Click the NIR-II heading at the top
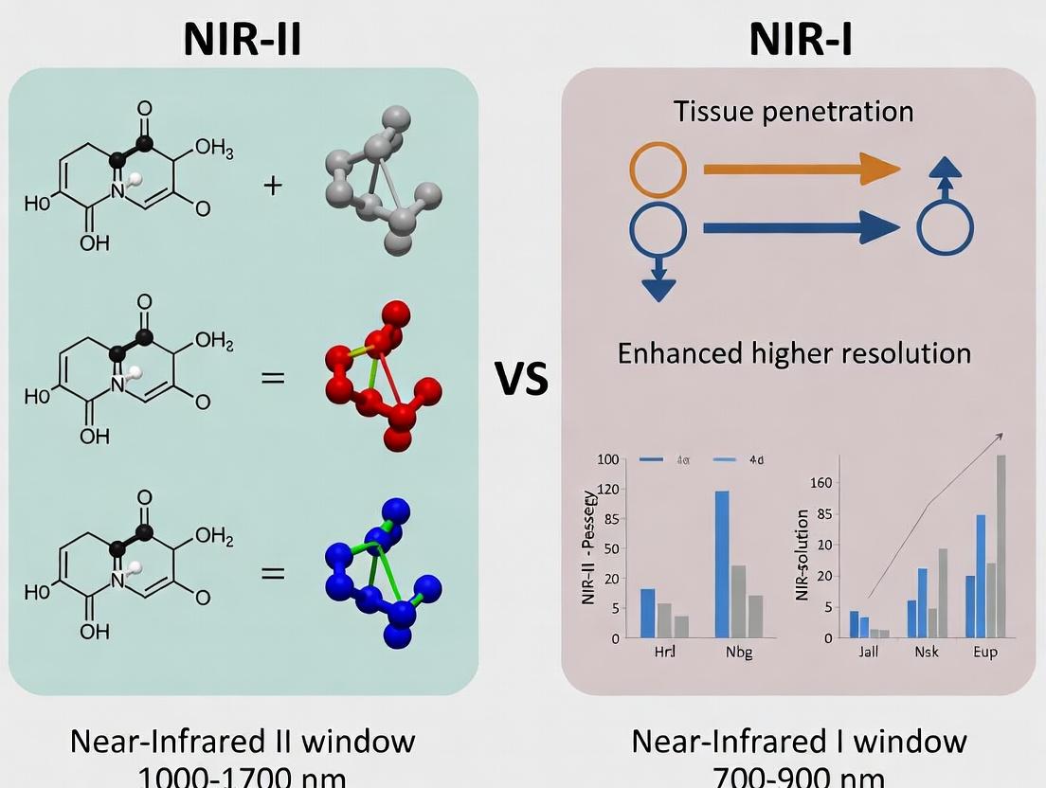243,39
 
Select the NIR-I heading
800,39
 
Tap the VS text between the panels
521,379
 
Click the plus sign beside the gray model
273,184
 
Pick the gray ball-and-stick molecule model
384,180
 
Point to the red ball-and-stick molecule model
384,374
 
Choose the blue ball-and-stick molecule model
384,568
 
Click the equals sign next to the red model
273,377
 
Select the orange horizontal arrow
801,170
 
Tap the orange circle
658,170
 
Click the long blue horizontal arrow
801,226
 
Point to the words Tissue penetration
794,112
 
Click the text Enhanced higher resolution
794,354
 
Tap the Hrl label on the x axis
665,653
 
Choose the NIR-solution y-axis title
803,556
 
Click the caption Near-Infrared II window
243,741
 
